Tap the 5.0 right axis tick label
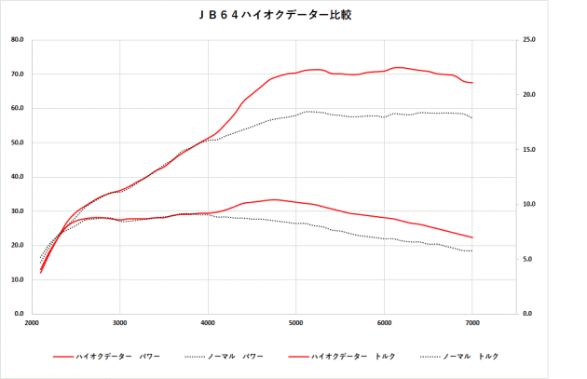(528, 259)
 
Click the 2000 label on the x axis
(31, 323)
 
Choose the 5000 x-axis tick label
(295, 323)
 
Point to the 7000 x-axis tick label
(472, 323)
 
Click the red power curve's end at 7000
(472, 83)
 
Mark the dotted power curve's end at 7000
(472, 117)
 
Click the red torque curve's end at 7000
(472, 237)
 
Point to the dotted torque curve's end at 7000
(472, 251)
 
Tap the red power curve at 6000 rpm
(384, 71)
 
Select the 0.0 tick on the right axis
(528, 314)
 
